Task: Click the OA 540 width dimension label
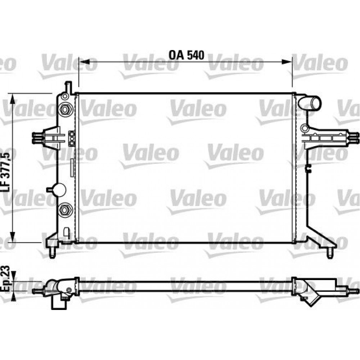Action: [x=186, y=55]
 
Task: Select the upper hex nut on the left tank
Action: [x=65, y=109]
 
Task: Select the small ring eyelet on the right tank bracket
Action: [x=304, y=127]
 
